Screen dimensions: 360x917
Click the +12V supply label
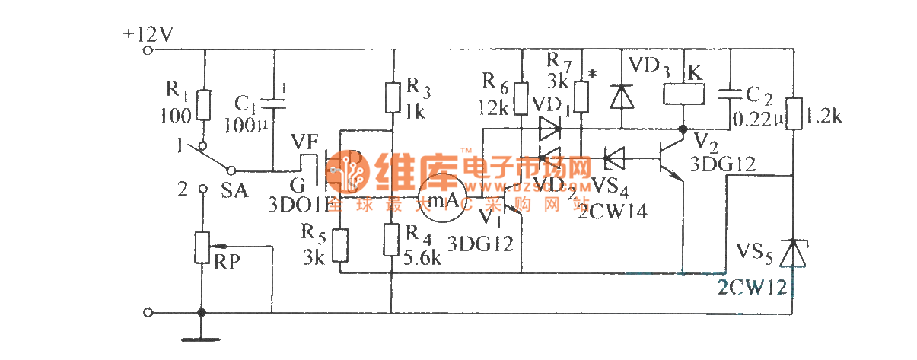pyautogui.click(x=149, y=34)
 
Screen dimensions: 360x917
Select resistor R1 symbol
pyautogui.click(x=203, y=105)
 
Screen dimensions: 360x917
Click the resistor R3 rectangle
pyautogui.click(x=393, y=97)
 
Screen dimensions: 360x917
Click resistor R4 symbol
pyautogui.click(x=393, y=239)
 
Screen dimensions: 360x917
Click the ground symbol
pyautogui.click(x=202, y=333)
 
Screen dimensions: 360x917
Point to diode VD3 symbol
pyautogui.click(x=622, y=97)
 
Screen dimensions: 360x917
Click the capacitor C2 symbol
pyautogui.click(x=728, y=94)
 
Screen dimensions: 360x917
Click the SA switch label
pyautogui.click(x=234, y=191)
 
